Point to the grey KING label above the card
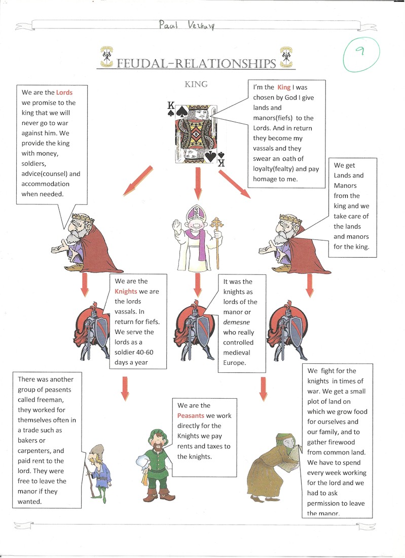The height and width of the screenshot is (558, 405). (x=196, y=84)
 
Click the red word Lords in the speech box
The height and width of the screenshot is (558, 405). (x=64, y=92)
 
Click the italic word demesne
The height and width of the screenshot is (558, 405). (x=235, y=323)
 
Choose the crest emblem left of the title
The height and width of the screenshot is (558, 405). (x=107, y=57)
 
